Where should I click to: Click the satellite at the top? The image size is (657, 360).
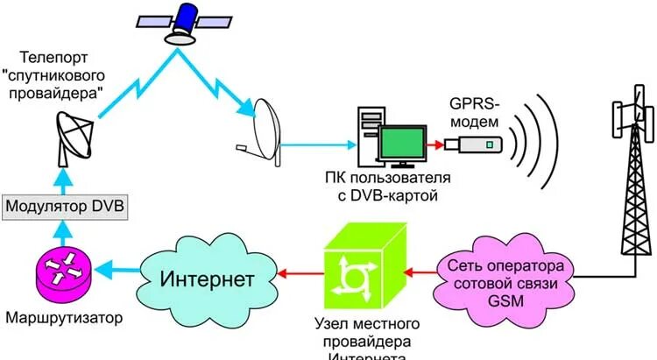tap(187, 22)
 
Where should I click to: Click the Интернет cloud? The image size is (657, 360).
tap(207, 279)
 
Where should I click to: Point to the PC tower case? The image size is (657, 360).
tap(367, 131)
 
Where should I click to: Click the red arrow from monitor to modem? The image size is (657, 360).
tap(435, 143)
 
